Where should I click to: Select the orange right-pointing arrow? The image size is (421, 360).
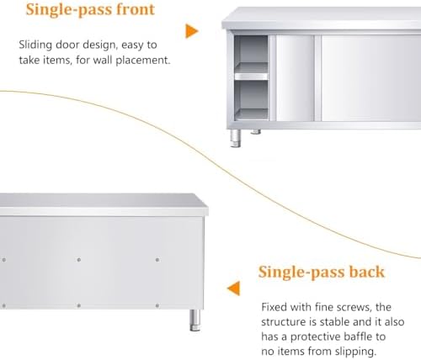(x=192, y=31)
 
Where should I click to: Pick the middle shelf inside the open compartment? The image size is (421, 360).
(x=251, y=76)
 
